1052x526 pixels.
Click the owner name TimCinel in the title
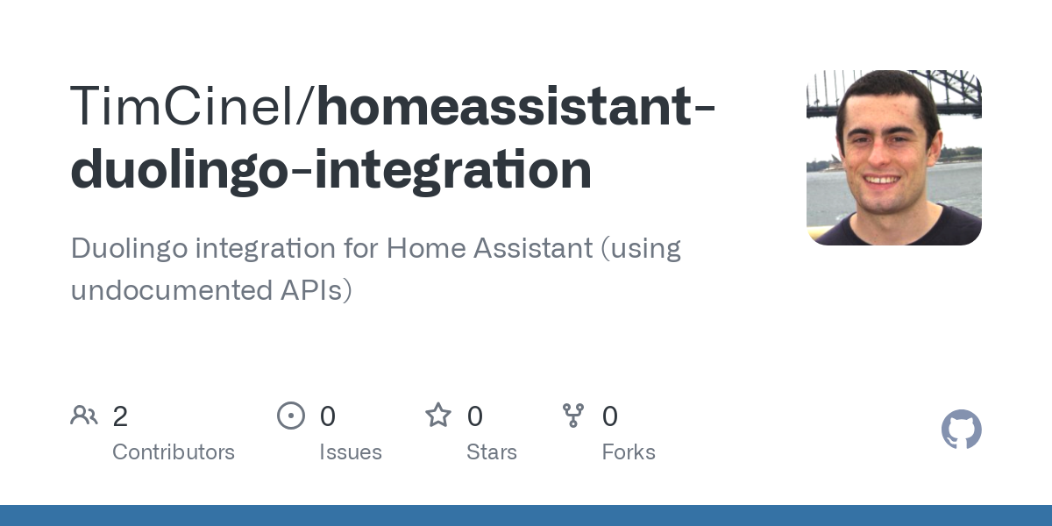(181, 106)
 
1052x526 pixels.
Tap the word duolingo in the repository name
(179, 170)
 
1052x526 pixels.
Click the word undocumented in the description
(172, 290)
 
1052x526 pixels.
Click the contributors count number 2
(120, 416)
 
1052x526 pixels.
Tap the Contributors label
(174, 452)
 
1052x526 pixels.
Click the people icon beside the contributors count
(84, 416)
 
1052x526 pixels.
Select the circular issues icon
(291, 416)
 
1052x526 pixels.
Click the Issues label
(351, 452)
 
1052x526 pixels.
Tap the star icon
(438, 416)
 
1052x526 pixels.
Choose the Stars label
(492, 452)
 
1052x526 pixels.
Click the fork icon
(573, 416)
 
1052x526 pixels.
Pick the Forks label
(629, 452)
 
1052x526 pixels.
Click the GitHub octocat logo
(962, 430)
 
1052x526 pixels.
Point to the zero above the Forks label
(610, 416)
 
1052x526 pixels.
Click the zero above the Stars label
(475, 416)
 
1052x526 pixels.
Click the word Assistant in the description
(533, 248)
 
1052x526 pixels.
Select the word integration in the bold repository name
(452, 170)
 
